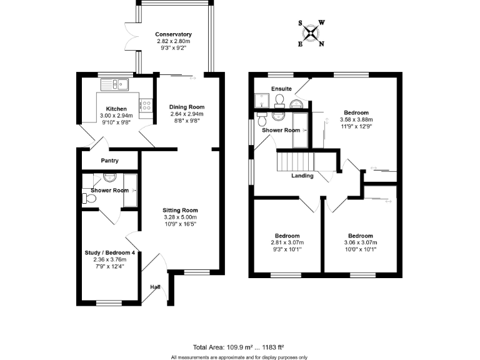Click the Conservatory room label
pos(174,34)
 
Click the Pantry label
pos(109,161)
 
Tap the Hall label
pos(155,287)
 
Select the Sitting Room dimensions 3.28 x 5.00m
pos(181,217)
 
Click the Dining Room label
pos(187,107)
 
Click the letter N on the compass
pos(322,44)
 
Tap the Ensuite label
pos(281,89)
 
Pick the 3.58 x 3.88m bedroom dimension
pos(356,120)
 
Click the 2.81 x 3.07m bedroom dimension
pos(287,242)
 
